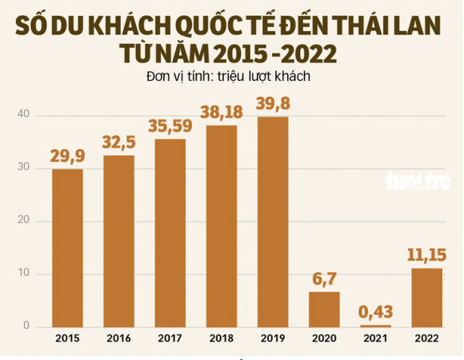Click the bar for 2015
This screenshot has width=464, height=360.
(67, 248)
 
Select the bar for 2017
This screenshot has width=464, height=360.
(170, 233)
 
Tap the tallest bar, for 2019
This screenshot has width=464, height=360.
(273, 222)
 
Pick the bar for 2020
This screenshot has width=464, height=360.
(324, 309)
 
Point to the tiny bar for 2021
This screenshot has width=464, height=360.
(375, 326)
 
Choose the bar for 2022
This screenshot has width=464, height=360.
(426, 298)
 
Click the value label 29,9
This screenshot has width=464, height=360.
(67, 156)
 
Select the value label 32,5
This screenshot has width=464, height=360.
(118, 142)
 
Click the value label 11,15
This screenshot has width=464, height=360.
(426, 255)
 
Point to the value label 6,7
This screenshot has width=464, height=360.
(324, 279)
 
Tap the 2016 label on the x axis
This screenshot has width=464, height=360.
(118, 339)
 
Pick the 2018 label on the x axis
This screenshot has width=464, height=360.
(221, 339)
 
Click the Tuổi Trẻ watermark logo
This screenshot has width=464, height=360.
(418, 181)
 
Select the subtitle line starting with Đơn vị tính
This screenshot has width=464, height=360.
(228, 77)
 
